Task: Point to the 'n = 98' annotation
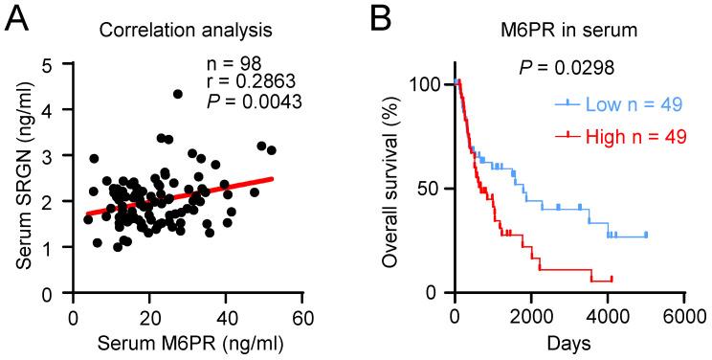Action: pos(234,64)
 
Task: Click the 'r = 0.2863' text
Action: pos(247,82)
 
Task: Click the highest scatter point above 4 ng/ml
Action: pos(178,94)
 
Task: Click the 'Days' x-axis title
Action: pos(568,342)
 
